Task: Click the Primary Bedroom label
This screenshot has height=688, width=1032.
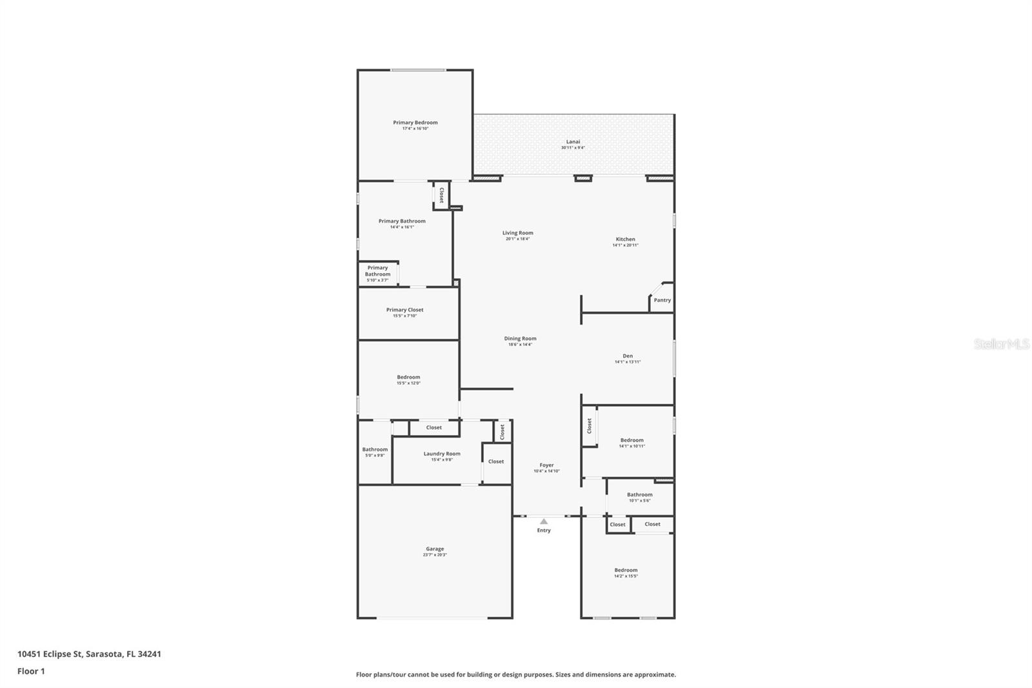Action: pos(415,123)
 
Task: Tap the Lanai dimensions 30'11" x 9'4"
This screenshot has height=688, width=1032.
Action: pos(573,148)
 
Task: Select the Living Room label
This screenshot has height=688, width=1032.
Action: pos(518,233)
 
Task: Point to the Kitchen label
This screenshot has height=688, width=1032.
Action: pos(625,239)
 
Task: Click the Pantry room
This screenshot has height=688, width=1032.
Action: pos(662,300)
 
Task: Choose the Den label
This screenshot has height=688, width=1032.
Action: pos(628,356)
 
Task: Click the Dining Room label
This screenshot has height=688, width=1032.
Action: pos(520,338)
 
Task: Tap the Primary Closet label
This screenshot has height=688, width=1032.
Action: pos(405,310)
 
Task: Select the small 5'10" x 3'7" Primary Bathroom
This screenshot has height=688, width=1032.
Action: pos(378,274)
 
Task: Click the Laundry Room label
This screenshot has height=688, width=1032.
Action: pos(442,454)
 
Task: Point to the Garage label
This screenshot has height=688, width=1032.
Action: pos(435,549)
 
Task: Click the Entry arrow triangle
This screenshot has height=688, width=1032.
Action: pos(544,521)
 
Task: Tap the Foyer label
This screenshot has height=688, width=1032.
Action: pos(546,465)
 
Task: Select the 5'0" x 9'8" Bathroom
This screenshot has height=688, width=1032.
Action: pos(375,452)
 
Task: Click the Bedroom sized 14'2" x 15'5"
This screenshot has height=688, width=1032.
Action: pos(626,572)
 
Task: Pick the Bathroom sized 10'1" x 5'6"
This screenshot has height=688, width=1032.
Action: pos(639,497)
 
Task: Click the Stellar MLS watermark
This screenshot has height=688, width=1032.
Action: pos(1001,344)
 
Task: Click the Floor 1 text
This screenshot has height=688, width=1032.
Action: pos(31,671)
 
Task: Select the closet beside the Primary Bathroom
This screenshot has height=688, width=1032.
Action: pos(441,195)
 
